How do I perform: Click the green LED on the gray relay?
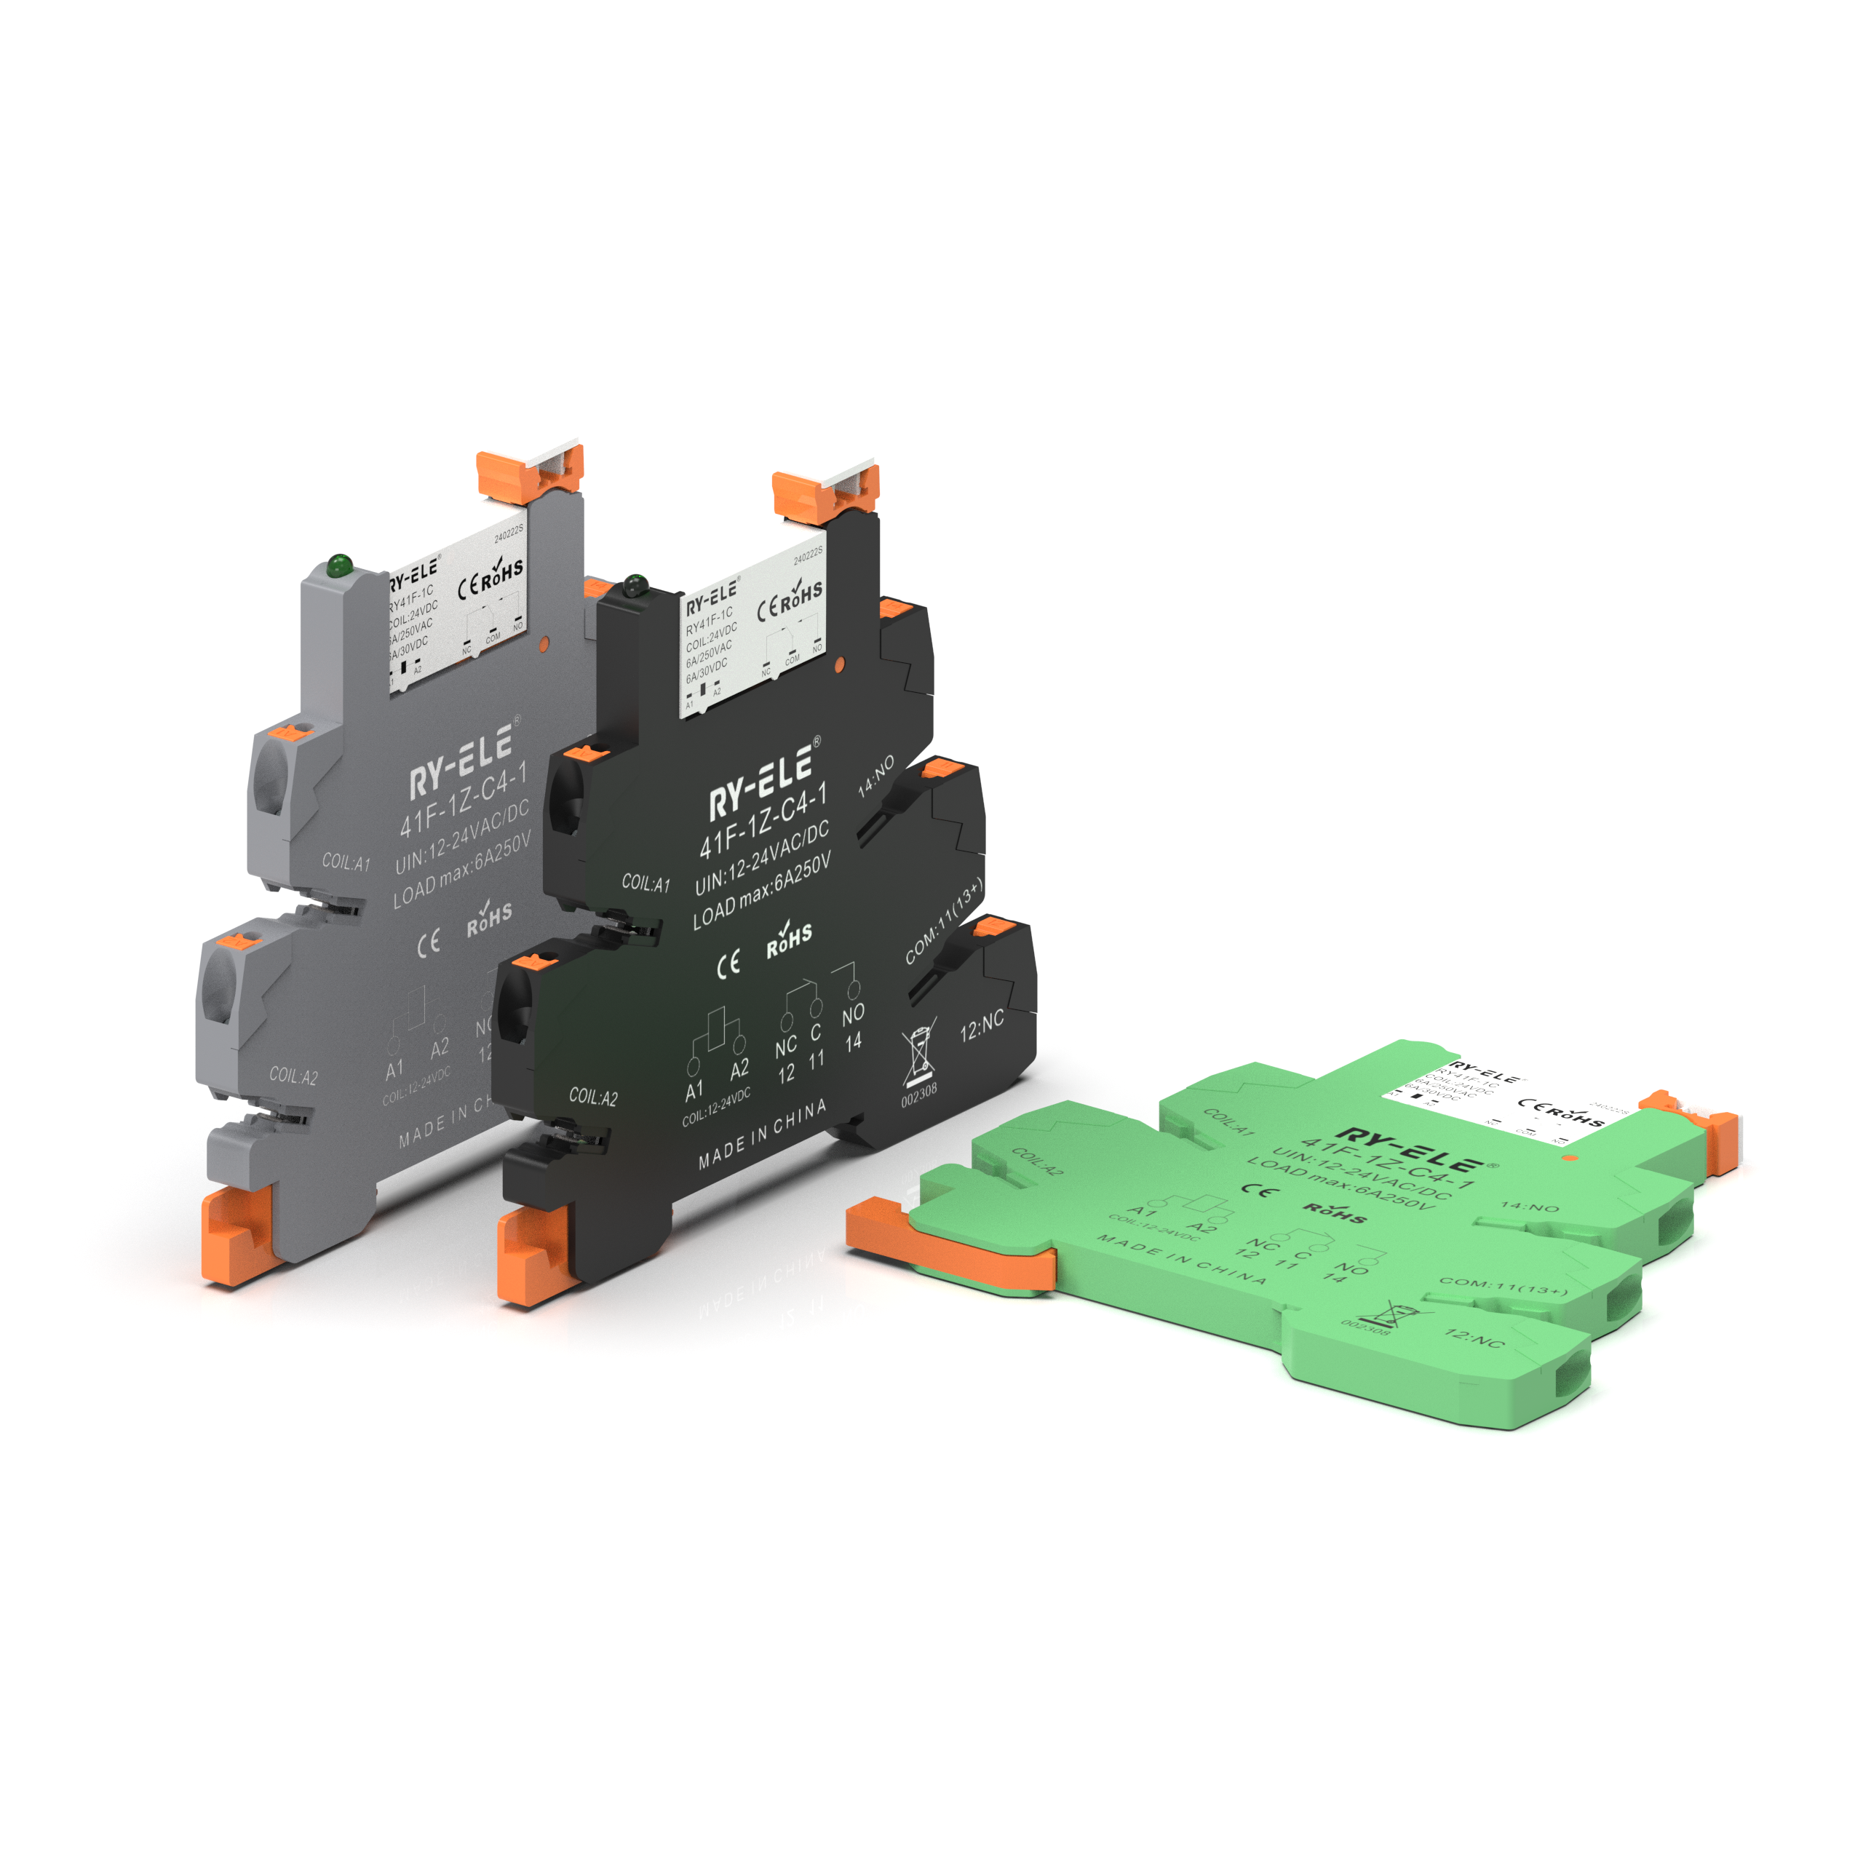click(338, 565)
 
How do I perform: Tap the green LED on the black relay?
click(634, 584)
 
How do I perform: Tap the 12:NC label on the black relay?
click(982, 1027)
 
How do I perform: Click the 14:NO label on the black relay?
click(876, 776)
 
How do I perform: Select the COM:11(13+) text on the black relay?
click(944, 922)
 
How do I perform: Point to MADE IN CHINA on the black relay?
click(762, 1136)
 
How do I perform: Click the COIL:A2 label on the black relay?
click(593, 1097)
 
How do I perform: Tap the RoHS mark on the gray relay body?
click(489, 918)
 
